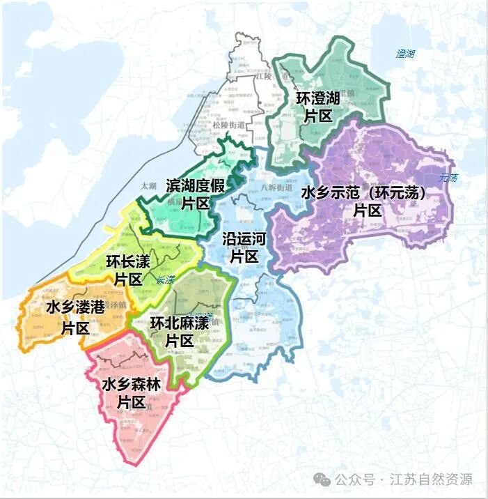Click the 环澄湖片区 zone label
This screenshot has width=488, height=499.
(318, 108)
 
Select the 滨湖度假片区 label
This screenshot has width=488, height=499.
(196, 194)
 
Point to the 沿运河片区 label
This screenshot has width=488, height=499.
(244, 247)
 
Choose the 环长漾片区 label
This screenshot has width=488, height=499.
(127, 270)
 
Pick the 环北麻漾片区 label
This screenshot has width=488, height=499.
(180, 332)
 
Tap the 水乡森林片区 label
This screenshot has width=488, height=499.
(131, 393)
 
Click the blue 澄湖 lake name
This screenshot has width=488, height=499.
(405, 54)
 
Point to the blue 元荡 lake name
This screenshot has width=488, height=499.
(449, 178)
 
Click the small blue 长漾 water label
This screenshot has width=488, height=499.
(166, 279)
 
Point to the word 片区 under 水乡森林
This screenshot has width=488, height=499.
(131, 402)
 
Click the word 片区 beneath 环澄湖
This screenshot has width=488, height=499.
(318, 117)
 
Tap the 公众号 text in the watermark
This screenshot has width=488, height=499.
(356, 479)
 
